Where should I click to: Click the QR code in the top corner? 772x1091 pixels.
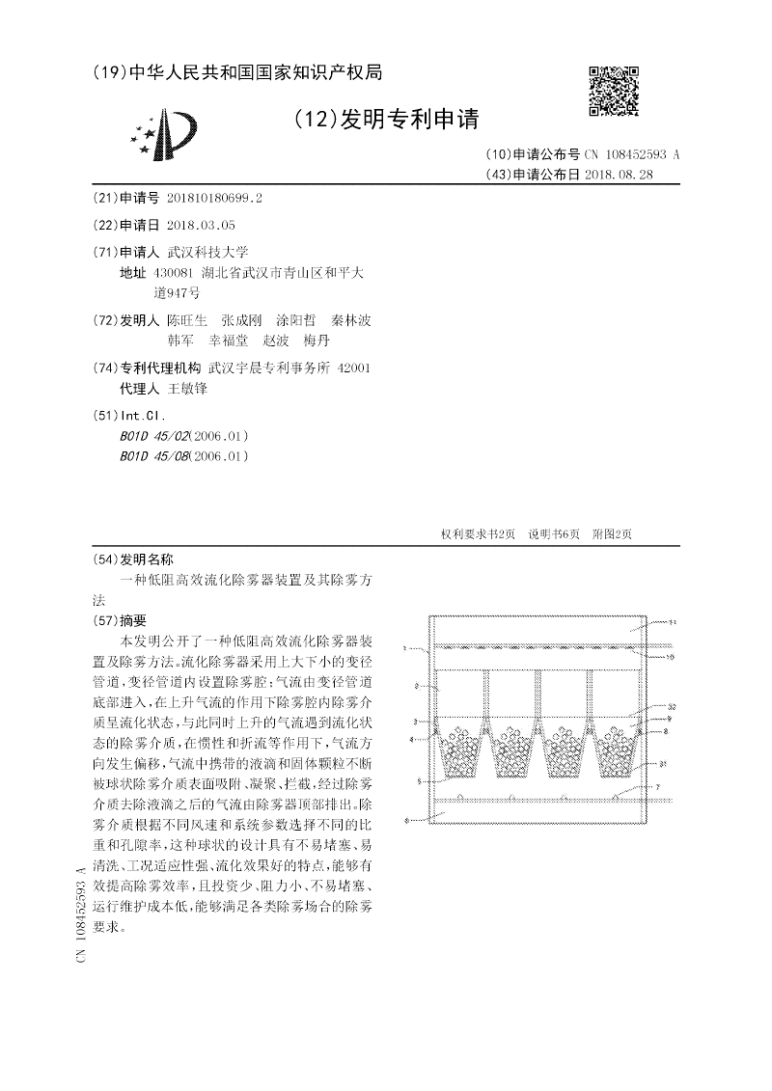pos(614,91)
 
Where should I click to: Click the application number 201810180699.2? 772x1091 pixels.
pos(214,198)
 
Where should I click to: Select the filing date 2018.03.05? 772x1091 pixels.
pos(201,225)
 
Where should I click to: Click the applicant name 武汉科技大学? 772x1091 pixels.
pos(208,251)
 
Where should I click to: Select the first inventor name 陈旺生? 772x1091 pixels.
pos(186,319)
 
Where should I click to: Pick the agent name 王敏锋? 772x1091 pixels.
pos(187,388)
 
